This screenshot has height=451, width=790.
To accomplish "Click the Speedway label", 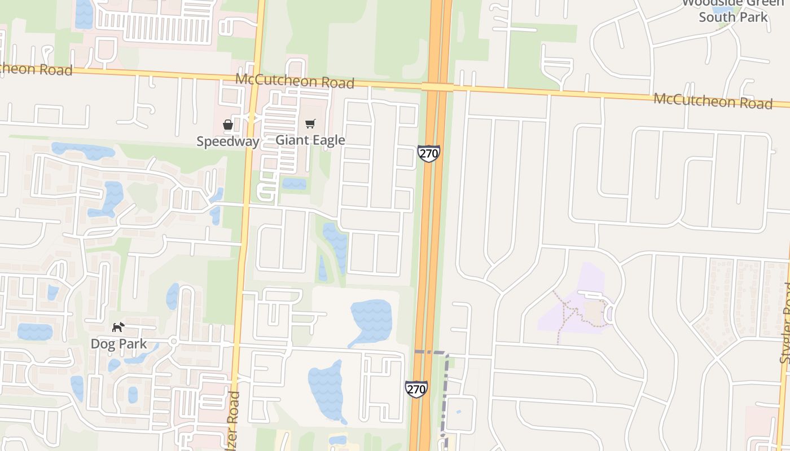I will [x=227, y=141].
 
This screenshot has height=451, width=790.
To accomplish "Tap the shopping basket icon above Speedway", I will [x=228, y=125].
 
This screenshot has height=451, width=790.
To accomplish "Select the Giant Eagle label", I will [x=310, y=140].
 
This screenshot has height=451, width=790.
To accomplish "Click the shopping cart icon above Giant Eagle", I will [x=310, y=123].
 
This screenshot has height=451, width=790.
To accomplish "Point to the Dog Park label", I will [x=118, y=344].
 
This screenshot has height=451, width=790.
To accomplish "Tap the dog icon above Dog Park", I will [x=118, y=327].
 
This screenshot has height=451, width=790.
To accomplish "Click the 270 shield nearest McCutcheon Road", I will [x=429, y=153].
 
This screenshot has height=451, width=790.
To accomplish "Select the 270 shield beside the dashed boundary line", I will [x=416, y=389].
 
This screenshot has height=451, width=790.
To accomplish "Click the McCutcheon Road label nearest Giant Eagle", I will [x=295, y=81].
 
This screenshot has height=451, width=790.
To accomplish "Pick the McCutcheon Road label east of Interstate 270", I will [x=713, y=102].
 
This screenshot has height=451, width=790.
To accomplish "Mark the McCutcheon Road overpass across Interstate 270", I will [x=437, y=87].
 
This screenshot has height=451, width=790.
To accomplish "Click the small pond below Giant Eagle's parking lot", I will [x=294, y=184].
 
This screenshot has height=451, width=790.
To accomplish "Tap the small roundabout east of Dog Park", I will [x=174, y=342].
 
